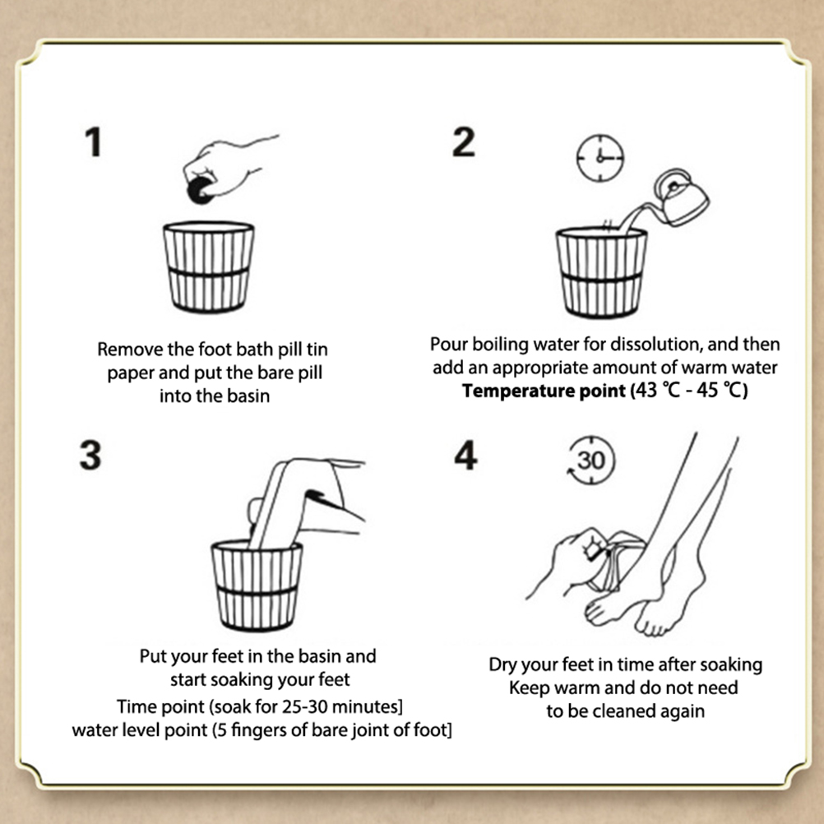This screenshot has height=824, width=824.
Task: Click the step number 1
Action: point(94,142)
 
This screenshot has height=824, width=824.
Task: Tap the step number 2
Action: point(464,142)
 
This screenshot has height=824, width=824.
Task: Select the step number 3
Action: point(90,455)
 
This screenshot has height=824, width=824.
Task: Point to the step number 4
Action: point(465,455)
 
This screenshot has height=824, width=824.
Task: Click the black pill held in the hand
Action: point(200,190)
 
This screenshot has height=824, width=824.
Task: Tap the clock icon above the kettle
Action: point(600,158)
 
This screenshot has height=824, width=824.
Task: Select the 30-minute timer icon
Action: point(591,460)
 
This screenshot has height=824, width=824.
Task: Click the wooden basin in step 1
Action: point(209,267)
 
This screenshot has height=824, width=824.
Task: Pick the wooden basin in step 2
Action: point(601,272)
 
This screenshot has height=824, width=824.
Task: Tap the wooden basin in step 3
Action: point(257,586)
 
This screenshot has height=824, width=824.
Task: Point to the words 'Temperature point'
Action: point(544,391)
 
